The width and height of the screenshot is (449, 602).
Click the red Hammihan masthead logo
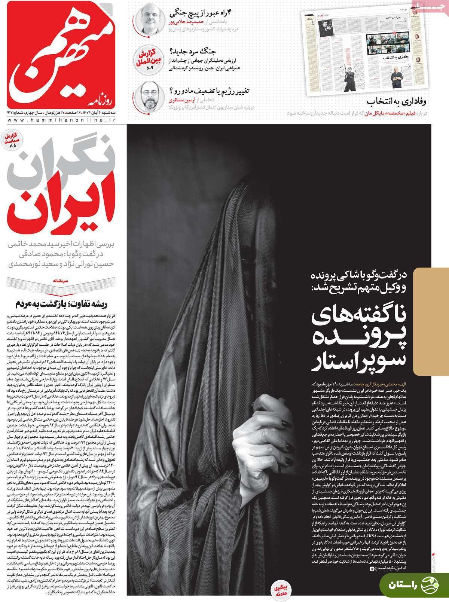tap(60, 56)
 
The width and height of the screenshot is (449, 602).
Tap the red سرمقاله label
tap(62, 280)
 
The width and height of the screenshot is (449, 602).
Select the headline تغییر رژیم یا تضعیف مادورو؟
tap(210, 91)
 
